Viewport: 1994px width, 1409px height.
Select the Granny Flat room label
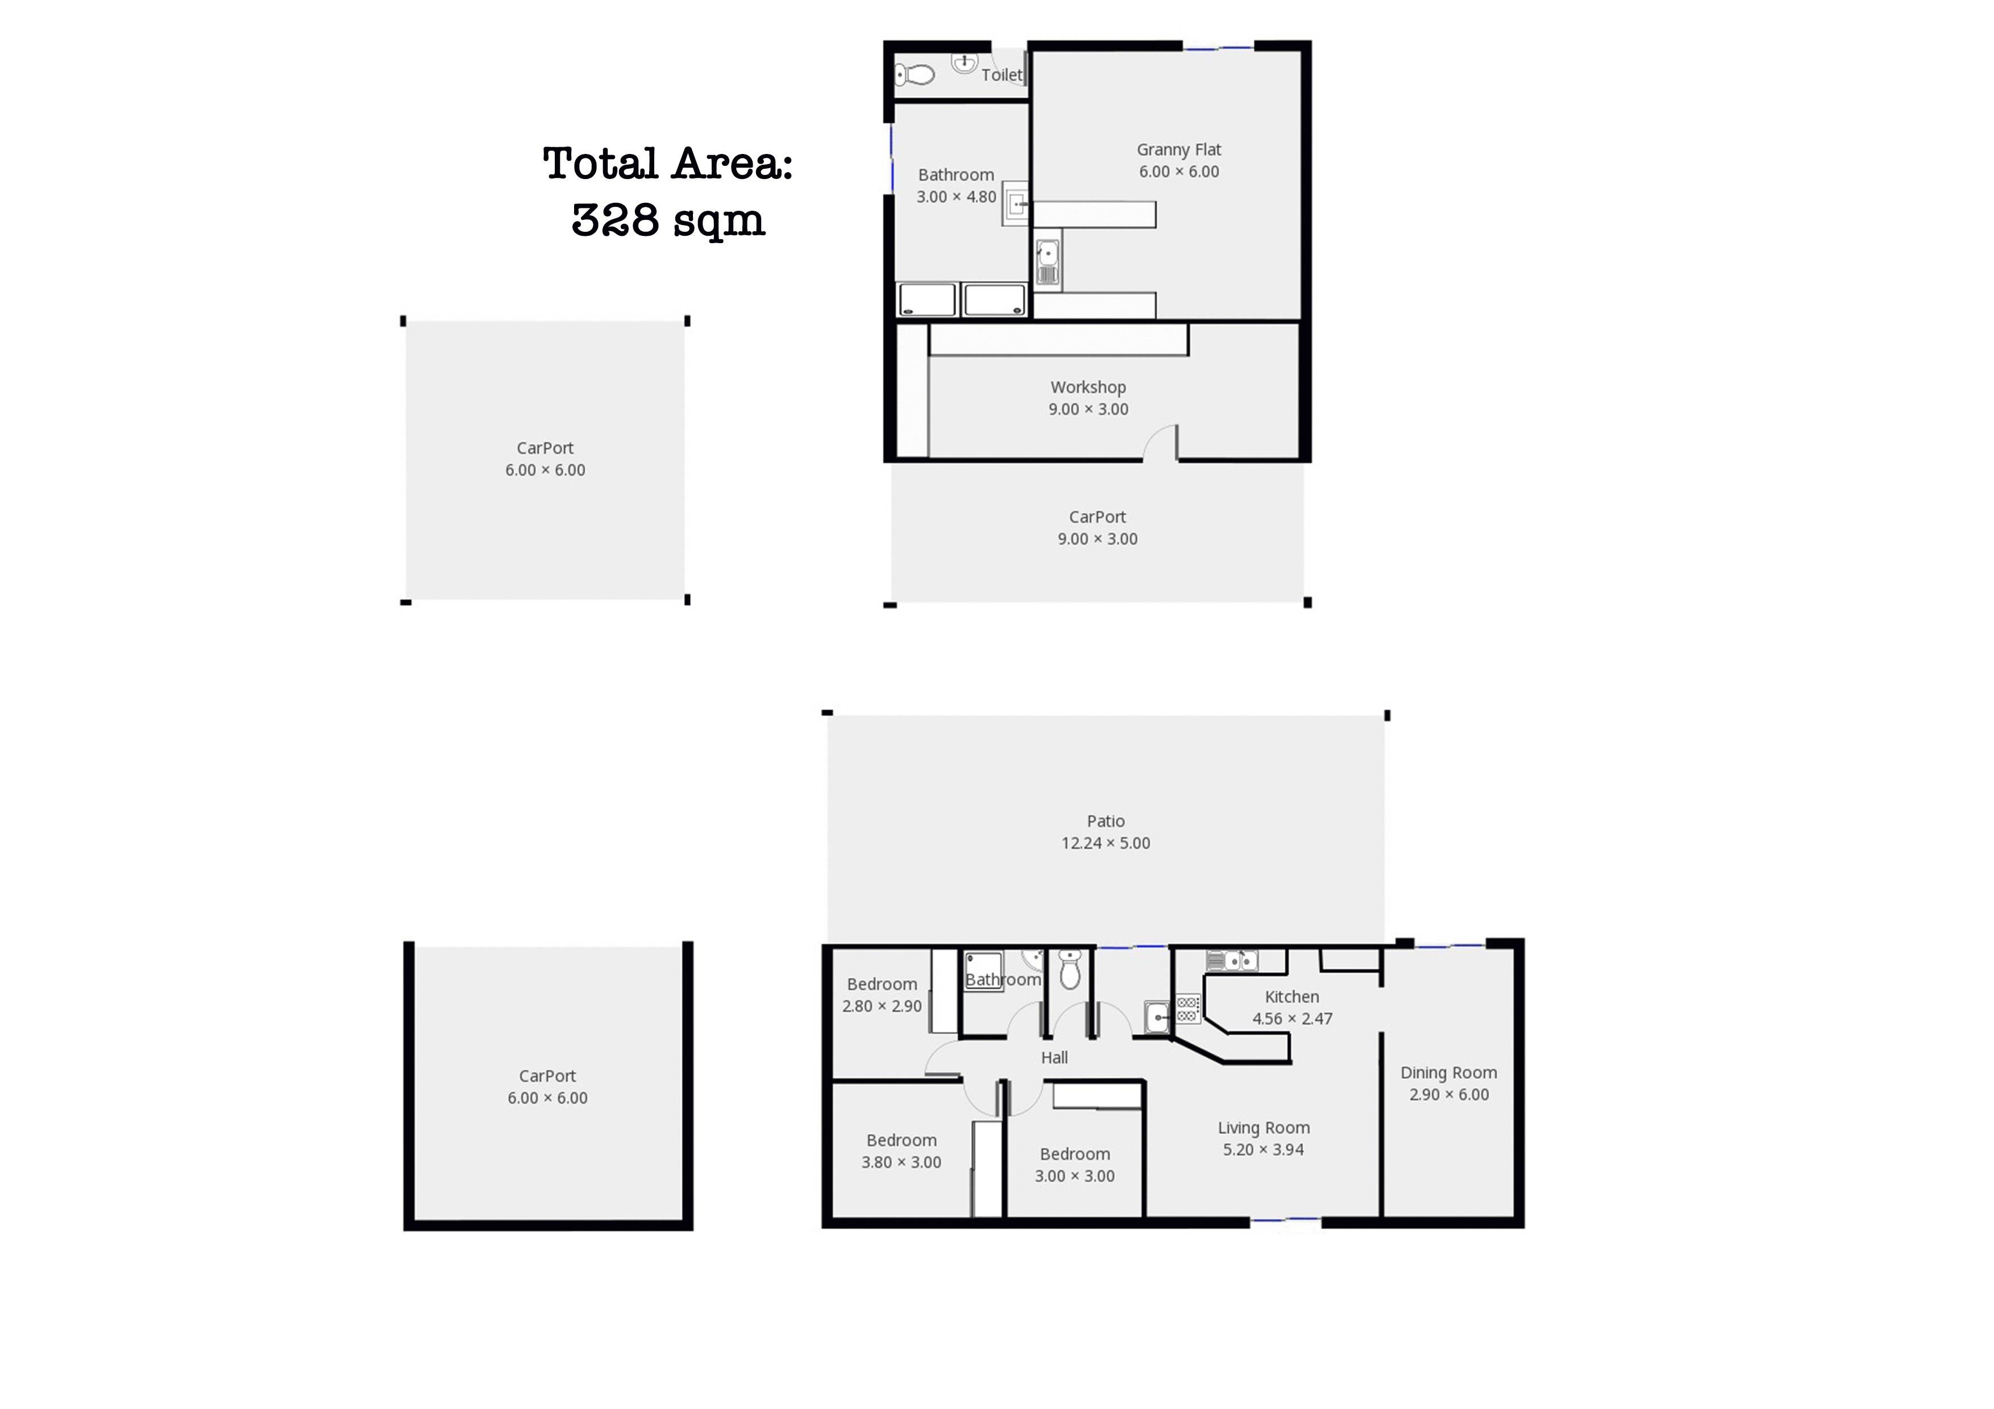coord(1178,150)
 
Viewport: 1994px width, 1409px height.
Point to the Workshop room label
coord(1088,387)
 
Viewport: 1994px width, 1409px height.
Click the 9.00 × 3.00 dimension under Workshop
coord(1088,410)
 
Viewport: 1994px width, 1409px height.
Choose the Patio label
coord(1106,822)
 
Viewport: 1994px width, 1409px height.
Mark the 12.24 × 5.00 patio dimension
coord(1106,843)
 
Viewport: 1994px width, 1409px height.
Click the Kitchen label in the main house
coord(1291,997)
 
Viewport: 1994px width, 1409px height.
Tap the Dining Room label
coord(1448,1073)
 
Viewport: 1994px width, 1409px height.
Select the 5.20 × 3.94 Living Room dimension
coord(1264,1149)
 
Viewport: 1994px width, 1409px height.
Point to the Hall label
coord(1054,1057)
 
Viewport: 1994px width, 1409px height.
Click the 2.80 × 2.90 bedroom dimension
coord(882,1006)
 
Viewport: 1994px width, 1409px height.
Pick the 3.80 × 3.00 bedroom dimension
coord(902,1162)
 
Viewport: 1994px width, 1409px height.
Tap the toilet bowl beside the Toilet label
coord(915,74)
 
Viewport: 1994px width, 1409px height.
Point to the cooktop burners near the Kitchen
coord(1188,1009)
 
